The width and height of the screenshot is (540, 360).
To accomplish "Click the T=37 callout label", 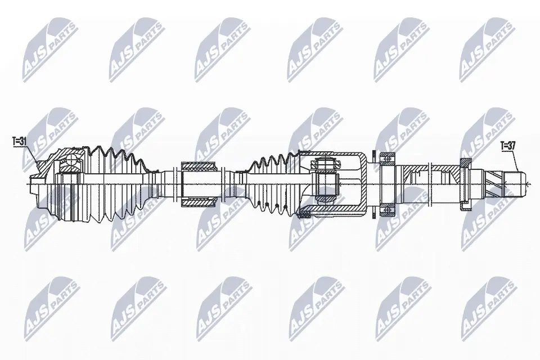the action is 507,146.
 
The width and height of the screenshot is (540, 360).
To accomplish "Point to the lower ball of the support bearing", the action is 387,209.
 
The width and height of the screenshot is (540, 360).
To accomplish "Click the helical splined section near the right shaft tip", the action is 496,183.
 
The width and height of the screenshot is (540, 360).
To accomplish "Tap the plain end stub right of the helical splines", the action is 514,183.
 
